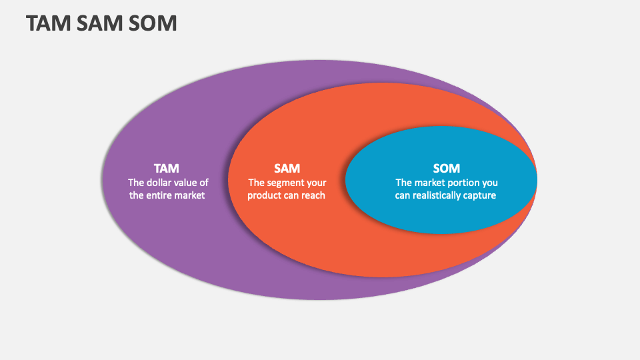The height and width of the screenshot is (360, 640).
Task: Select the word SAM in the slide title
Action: [x=99, y=23]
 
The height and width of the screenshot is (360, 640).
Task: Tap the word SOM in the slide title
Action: [x=153, y=23]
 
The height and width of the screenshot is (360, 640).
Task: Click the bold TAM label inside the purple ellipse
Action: [x=167, y=168]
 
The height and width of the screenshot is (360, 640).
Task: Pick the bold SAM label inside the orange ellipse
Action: [x=287, y=168]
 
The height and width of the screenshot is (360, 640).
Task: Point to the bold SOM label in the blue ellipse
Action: [x=447, y=168]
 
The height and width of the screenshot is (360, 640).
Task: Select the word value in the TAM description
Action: [x=187, y=183]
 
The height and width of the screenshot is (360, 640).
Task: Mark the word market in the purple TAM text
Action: [x=190, y=195]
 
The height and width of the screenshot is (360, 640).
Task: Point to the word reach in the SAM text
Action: [x=313, y=195]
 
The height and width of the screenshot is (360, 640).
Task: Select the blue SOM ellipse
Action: [x=441, y=216]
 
